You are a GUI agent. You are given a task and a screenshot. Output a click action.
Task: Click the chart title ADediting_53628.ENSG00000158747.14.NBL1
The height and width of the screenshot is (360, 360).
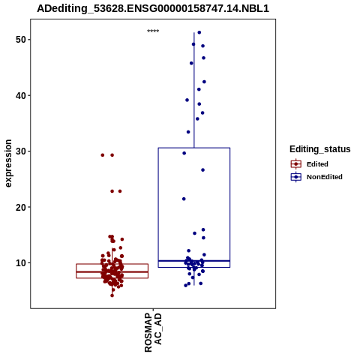tap(153, 9)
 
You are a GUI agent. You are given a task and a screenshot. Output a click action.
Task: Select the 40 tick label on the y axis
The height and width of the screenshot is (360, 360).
tap(21, 95)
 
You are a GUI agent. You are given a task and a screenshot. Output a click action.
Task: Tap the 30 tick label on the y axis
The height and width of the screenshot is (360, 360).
tap(21, 151)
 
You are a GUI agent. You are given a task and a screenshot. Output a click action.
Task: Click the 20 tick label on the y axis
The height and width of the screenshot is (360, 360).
tap(21, 207)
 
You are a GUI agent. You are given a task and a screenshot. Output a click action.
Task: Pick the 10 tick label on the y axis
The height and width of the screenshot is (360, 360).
tap(21, 262)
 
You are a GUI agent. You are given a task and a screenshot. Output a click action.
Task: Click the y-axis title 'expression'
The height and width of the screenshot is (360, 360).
tap(8, 163)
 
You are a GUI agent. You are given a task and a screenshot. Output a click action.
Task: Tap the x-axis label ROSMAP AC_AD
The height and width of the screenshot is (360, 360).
tap(153, 332)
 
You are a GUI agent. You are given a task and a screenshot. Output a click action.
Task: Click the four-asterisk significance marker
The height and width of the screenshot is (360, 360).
tap(153, 31)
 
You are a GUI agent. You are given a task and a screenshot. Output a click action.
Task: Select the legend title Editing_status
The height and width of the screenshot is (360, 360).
tap(320, 149)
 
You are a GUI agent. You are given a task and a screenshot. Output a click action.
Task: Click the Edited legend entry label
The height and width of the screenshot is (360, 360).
tap(317, 164)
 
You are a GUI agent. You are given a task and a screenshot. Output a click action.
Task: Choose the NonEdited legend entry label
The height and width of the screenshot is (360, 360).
tap(325, 177)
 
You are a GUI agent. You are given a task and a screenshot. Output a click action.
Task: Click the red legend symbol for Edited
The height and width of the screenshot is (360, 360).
tap(296, 164)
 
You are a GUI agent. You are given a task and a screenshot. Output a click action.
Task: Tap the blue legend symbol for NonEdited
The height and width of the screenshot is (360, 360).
tap(296, 177)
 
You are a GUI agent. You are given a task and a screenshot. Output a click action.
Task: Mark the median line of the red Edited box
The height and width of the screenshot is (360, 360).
tap(112, 271)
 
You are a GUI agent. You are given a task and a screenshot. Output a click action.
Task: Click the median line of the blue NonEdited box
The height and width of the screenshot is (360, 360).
tap(194, 261)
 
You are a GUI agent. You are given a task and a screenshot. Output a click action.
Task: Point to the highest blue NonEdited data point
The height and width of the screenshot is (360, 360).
tap(199, 32)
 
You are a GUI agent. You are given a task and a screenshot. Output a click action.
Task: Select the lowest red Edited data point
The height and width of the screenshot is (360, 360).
tap(112, 295)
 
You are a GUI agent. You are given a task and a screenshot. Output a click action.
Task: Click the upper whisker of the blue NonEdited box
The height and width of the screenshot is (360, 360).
tap(194, 90)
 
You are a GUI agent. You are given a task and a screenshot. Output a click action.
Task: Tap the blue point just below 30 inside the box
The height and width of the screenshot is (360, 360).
tap(184, 153)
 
